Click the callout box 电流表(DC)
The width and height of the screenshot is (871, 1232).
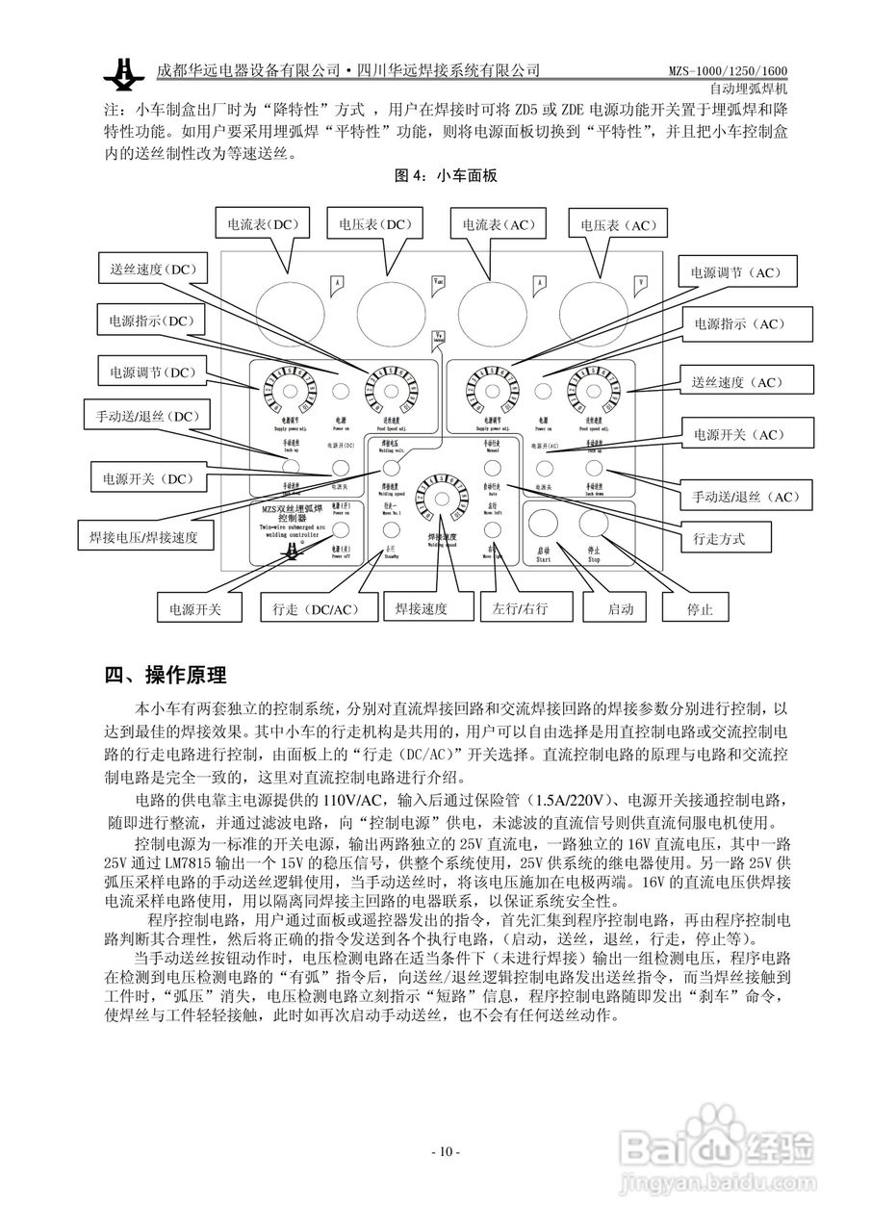click(263, 224)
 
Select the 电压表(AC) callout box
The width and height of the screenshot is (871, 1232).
click(616, 224)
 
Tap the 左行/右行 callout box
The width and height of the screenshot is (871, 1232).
click(520, 610)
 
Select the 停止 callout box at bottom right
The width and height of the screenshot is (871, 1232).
click(701, 610)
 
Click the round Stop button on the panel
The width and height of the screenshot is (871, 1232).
click(594, 525)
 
